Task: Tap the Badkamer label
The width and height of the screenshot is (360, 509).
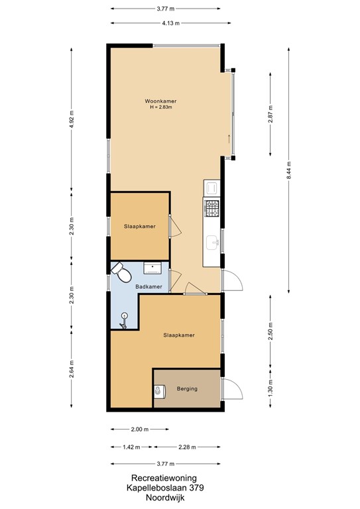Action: (x=149, y=286)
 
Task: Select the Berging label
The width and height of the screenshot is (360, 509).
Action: (x=188, y=388)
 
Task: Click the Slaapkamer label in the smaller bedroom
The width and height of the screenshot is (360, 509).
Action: (x=139, y=226)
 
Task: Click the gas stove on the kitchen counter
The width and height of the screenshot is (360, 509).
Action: (x=212, y=209)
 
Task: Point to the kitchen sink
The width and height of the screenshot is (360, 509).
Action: (x=212, y=242)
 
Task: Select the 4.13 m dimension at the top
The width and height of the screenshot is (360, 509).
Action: (x=170, y=22)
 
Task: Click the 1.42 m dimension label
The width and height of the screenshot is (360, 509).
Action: (x=131, y=447)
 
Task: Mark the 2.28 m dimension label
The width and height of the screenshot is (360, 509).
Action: (x=189, y=447)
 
